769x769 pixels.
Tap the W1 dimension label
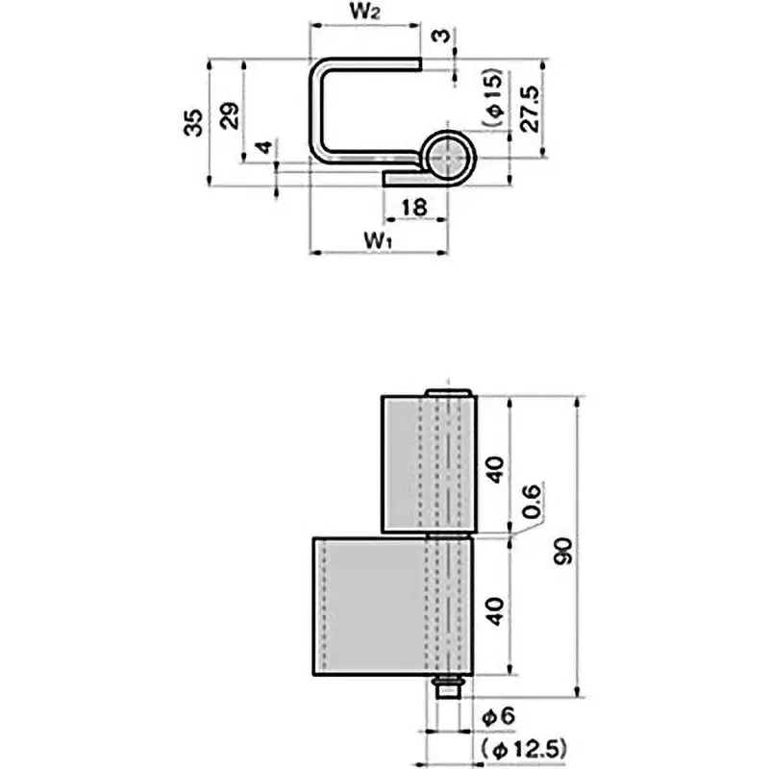coord(377,239)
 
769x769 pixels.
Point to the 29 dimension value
coord(231,116)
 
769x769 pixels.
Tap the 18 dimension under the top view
coord(414,207)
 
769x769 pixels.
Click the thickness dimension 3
coord(440,37)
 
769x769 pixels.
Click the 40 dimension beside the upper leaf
coord(495,470)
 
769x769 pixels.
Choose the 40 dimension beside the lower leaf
coord(495,610)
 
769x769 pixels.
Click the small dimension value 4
coord(261,149)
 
